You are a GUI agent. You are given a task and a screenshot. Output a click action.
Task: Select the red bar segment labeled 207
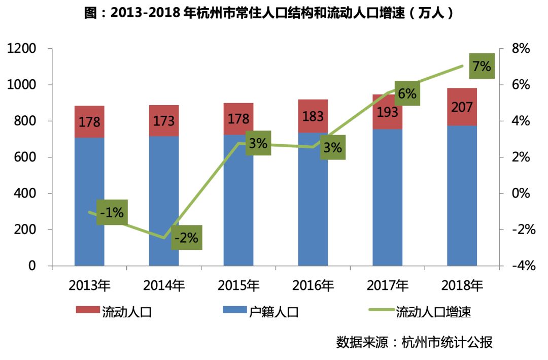tap(462, 107)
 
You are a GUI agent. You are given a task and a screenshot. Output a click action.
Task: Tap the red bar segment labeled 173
tap(164, 121)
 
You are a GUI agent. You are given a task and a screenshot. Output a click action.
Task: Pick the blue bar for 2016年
tap(313, 213)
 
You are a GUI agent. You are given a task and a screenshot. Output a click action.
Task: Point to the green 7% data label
tap(481, 66)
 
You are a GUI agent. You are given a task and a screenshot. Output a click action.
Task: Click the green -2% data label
tap(187, 237)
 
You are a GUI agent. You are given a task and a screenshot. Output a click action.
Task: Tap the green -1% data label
tap(112, 213)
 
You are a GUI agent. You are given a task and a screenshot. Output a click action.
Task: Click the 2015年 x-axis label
tap(238, 285)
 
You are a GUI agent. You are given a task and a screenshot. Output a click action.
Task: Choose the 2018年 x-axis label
tap(462, 285)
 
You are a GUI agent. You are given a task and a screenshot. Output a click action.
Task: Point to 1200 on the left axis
tap(21, 49)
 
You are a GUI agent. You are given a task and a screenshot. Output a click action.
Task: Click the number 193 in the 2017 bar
tap(387, 112)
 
